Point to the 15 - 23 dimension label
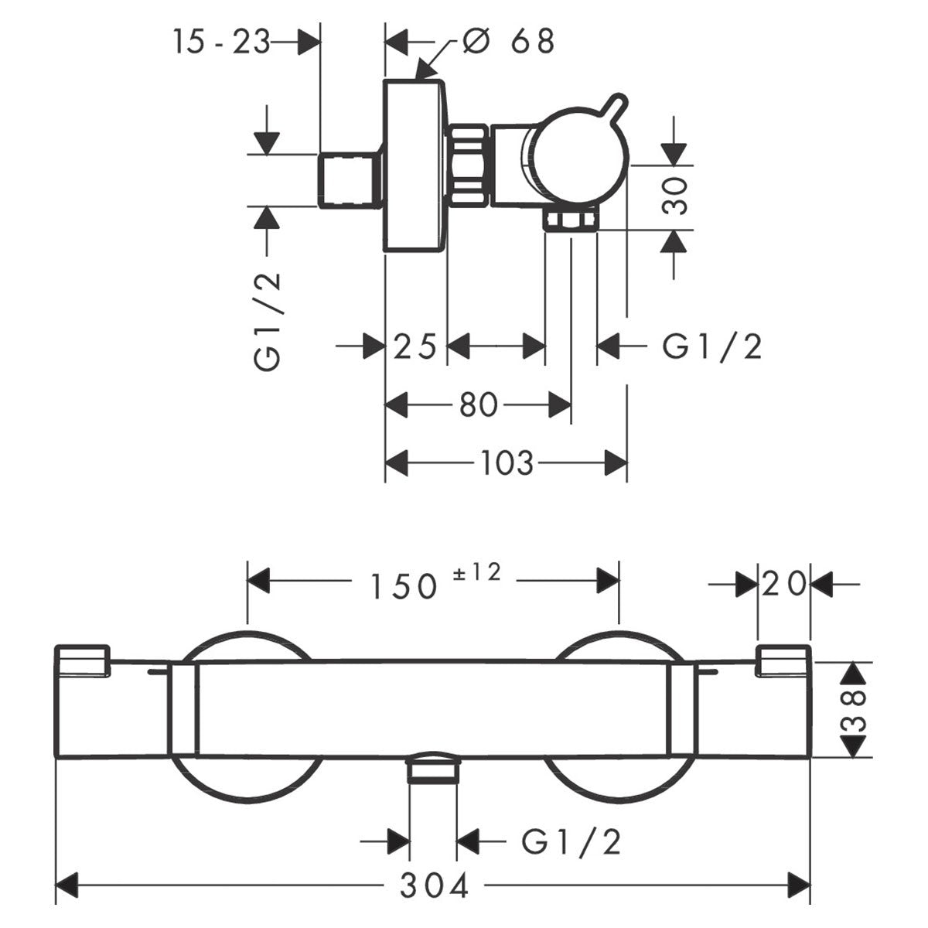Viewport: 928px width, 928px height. [221, 42]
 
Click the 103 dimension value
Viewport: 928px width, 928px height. [507, 464]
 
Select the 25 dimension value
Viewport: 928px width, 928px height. [416, 346]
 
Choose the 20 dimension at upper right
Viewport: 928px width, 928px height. [783, 583]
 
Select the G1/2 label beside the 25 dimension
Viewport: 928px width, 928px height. [711, 346]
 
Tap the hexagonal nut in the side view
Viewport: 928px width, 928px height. [469, 167]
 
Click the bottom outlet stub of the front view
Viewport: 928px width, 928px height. [433, 770]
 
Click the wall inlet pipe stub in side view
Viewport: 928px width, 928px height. [350, 180]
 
